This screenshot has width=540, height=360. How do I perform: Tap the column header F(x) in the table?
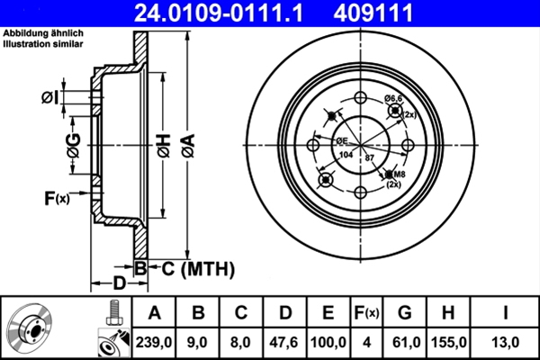tap(366, 314)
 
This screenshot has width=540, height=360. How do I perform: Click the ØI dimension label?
tap(51, 96)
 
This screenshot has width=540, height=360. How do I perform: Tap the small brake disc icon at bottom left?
tap(33, 328)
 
